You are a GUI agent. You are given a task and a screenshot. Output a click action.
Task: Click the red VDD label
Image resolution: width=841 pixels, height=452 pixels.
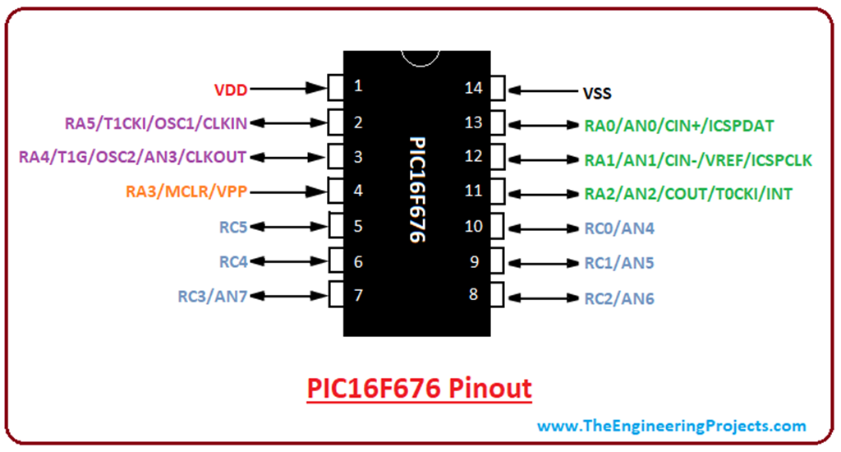click(231, 87)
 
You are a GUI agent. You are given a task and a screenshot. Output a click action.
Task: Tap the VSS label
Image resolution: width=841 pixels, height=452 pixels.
click(597, 94)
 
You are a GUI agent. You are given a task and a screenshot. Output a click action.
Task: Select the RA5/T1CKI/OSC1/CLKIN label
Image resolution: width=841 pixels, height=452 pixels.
click(155, 123)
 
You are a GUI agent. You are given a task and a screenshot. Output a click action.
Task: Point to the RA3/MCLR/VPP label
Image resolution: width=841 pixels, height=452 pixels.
click(186, 192)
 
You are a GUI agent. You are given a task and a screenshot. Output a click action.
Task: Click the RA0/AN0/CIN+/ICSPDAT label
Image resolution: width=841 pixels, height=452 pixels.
click(679, 126)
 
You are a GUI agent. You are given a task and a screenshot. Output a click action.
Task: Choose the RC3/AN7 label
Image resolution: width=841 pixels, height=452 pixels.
click(213, 297)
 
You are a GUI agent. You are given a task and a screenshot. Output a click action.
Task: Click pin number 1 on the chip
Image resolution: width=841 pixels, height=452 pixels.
click(358, 85)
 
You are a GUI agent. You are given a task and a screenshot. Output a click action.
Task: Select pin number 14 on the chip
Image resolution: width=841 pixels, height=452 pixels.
click(474, 87)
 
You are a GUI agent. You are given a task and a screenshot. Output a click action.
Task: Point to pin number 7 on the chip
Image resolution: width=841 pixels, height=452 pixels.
click(358, 294)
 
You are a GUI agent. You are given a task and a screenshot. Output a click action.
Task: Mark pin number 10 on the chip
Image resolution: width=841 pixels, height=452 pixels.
click(474, 226)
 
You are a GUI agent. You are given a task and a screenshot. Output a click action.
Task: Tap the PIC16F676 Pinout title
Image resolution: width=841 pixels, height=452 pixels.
click(419, 387)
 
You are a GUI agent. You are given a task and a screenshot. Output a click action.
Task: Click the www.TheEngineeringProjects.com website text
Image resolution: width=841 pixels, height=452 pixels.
click(671, 426)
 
